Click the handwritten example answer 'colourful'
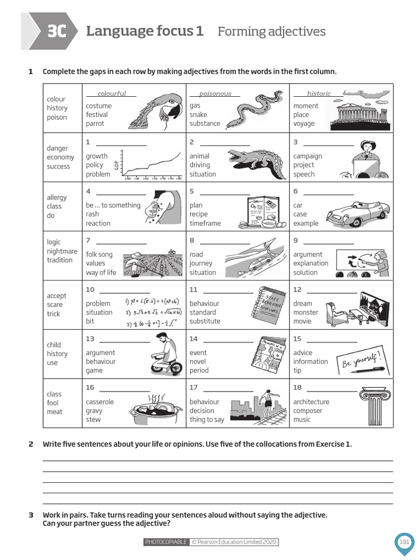tap(112, 94)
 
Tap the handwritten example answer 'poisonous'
tap(215, 94)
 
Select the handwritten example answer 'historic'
tap(319, 94)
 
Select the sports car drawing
tap(363, 211)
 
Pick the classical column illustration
tap(375, 406)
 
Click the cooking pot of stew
tap(156, 410)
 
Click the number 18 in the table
tap(297, 388)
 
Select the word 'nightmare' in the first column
tap(62, 251)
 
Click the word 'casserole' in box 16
tap(100, 402)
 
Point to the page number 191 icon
tap(404, 542)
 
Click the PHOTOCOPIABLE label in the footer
tap(166, 542)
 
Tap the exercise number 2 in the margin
tap(31, 444)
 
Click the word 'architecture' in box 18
tap(311, 402)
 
